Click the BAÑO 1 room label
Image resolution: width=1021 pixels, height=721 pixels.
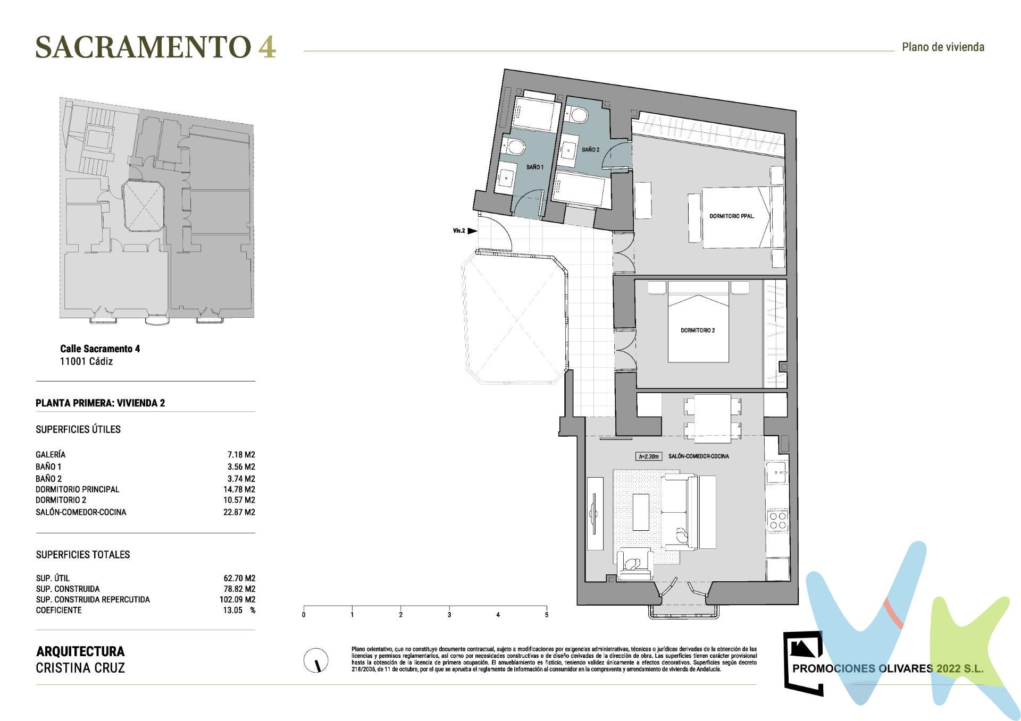[534, 167]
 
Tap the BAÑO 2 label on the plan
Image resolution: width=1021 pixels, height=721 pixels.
[590, 150]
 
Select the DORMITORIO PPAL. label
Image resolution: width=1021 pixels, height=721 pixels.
[732, 216]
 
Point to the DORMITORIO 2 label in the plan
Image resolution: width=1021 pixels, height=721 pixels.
[698, 330]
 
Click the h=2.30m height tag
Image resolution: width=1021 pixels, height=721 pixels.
[649, 456]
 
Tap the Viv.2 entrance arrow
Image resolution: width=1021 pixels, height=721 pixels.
[472, 231]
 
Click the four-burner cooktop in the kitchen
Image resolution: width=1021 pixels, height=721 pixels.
[777, 520]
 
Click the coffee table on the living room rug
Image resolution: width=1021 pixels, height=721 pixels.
[641, 512]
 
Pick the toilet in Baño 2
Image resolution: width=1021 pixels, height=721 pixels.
[577, 114]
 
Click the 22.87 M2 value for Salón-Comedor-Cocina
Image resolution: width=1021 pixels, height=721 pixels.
[239, 512]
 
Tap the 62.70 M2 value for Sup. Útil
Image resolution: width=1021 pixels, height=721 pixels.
[239, 578]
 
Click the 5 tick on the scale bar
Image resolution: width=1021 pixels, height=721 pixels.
[547, 614]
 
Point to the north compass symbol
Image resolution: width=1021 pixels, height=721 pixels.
[315, 661]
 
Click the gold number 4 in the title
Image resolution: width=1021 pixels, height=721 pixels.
[267, 48]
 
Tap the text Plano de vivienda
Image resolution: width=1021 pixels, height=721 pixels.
[943, 47]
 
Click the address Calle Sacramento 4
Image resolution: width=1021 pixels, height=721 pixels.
[100, 349]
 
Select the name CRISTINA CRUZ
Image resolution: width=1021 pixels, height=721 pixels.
[80, 668]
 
